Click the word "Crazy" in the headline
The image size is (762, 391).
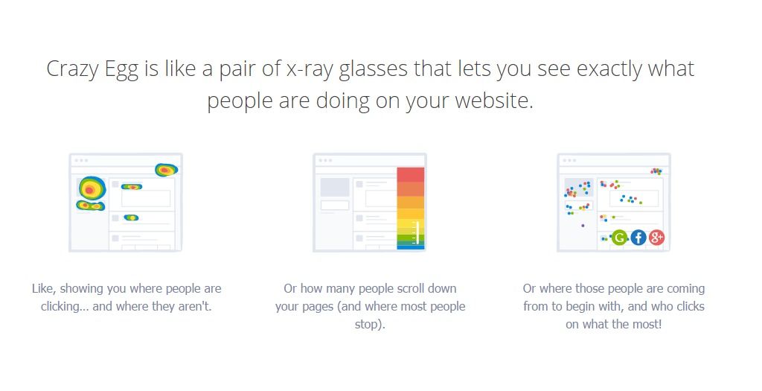(x=72, y=69)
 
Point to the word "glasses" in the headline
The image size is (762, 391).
(x=374, y=69)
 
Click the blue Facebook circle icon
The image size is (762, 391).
(x=638, y=238)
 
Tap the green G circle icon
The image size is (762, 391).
(x=619, y=238)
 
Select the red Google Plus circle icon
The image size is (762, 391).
(x=656, y=238)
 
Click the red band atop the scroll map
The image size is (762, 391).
(x=411, y=174)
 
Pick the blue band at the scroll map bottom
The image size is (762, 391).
(x=411, y=247)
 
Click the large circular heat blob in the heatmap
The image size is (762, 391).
(x=92, y=188)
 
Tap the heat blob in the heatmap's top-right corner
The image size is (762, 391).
(x=166, y=170)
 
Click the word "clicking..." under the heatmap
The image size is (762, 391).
(x=65, y=307)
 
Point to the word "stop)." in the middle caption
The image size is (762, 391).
(x=370, y=325)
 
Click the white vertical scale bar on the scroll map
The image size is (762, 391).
(x=417, y=232)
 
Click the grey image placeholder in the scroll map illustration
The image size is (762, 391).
(x=335, y=187)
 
